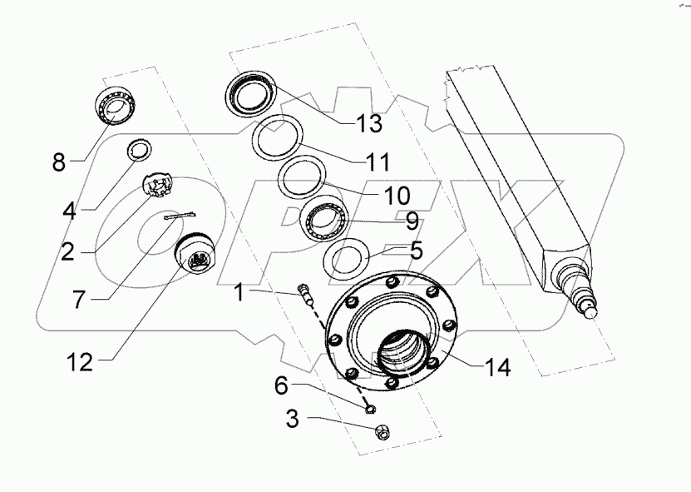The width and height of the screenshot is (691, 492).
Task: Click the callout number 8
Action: click(x=58, y=162)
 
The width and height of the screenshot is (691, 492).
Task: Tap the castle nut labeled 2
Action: click(x=158, y=184)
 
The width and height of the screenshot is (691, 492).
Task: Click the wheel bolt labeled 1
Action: click(x=305, y=295)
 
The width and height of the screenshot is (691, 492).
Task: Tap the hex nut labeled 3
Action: click(x=382, y=431)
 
